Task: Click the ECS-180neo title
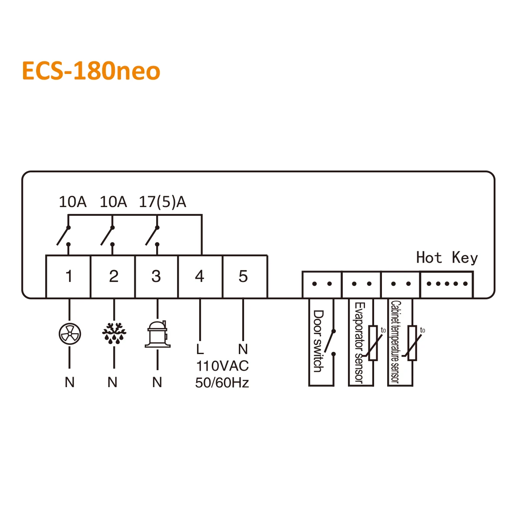(91, 71)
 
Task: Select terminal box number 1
(68, 277)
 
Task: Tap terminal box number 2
(113, 277)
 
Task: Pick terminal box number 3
(156, 277)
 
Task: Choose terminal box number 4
(200, 277)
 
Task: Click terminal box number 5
(243, 277)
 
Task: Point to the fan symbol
(70, 334)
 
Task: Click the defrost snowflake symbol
(114, 334)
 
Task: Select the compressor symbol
(157, 334)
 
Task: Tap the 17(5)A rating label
(162, 202)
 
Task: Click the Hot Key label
(447, 258)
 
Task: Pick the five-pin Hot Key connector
(446, 284)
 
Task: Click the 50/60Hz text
(222, 383)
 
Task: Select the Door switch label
(318, 341)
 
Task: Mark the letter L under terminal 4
(200, 349)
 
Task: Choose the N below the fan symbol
(70, 382)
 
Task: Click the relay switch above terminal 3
(153, 236)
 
